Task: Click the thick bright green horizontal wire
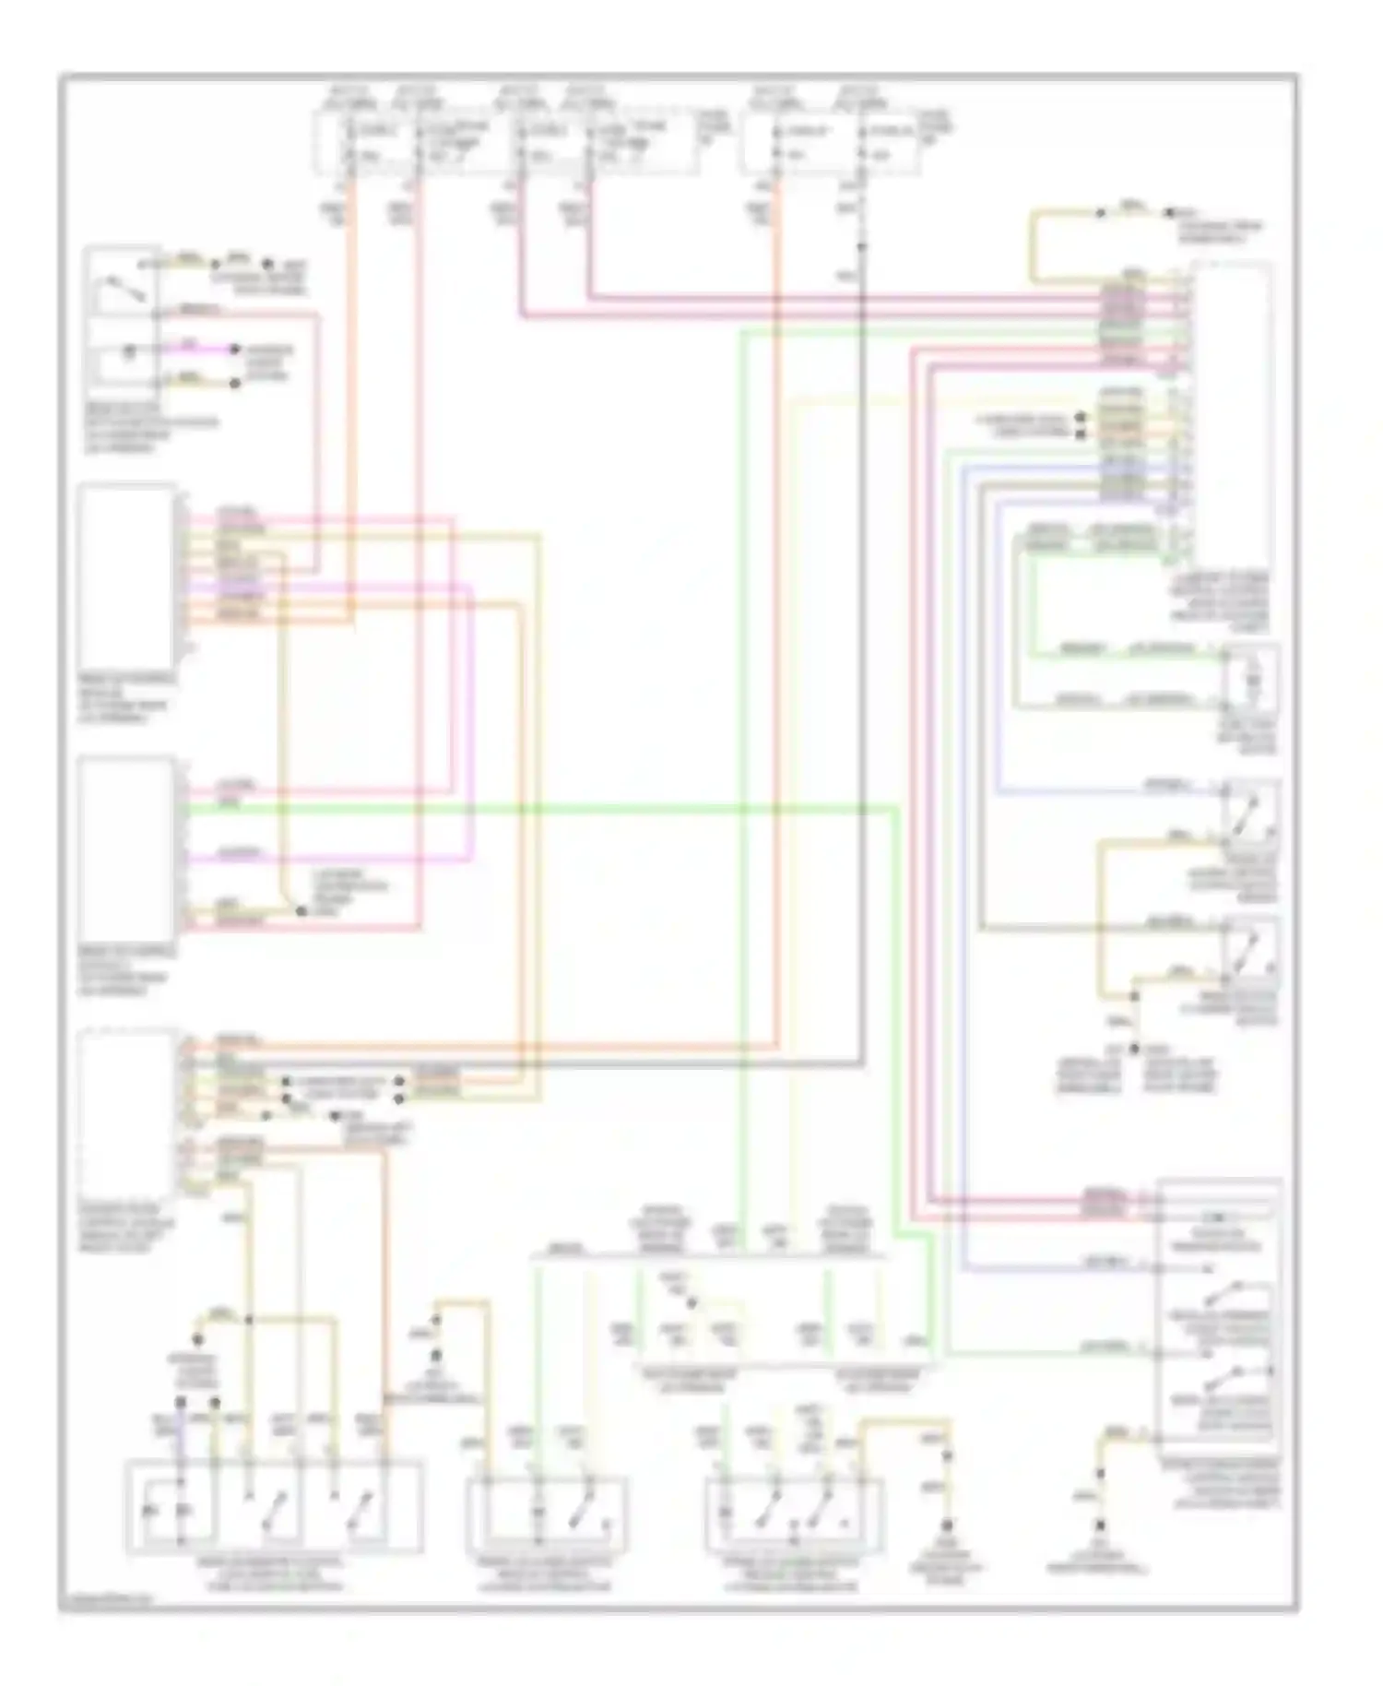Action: click(x=553, y=809)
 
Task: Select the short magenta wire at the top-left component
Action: click(x=198, y=350)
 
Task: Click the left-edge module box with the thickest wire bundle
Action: click(x=129, y=567)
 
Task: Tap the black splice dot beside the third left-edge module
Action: click(x=301, y=911)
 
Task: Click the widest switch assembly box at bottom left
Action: click(x=275, y=1505)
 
